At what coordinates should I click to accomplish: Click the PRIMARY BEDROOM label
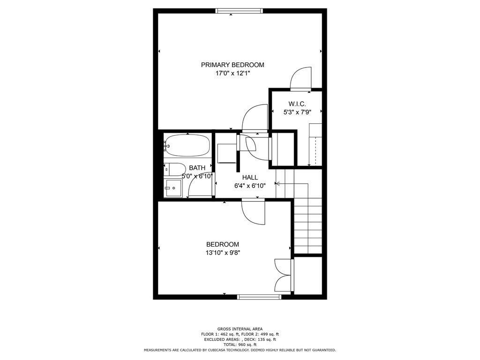coord(232,65)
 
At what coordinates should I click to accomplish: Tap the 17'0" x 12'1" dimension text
coord(232,73)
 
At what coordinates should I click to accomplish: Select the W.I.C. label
coord(297,104)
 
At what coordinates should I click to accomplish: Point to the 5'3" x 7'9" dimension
coord(297,112)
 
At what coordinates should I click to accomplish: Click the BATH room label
coord(197,168)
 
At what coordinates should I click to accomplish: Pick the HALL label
coord(250,177)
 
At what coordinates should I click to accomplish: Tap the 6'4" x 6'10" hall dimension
coord(250,185)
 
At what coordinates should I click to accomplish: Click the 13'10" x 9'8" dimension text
coord(223,253)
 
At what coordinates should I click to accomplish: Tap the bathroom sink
coord(173,188)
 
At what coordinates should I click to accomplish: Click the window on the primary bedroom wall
coord(239,11)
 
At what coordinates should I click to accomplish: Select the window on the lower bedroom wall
coord(259,296)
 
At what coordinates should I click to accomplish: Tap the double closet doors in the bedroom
coord(284,275)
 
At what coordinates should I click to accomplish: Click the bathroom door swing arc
coord(199,187)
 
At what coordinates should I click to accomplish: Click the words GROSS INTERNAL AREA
coord(240,329)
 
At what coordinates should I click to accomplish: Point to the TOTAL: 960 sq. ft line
coord(240,345)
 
